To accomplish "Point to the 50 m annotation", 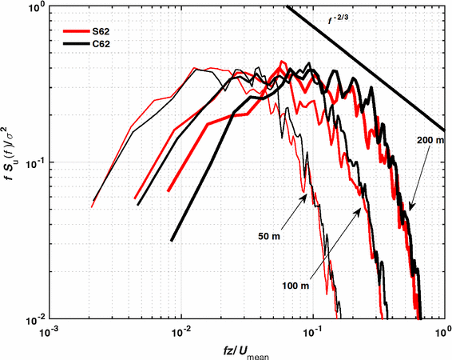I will pyautogui.click(x=269, y=238).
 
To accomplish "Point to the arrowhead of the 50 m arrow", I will pyautogui.click(x=304, y=195).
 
